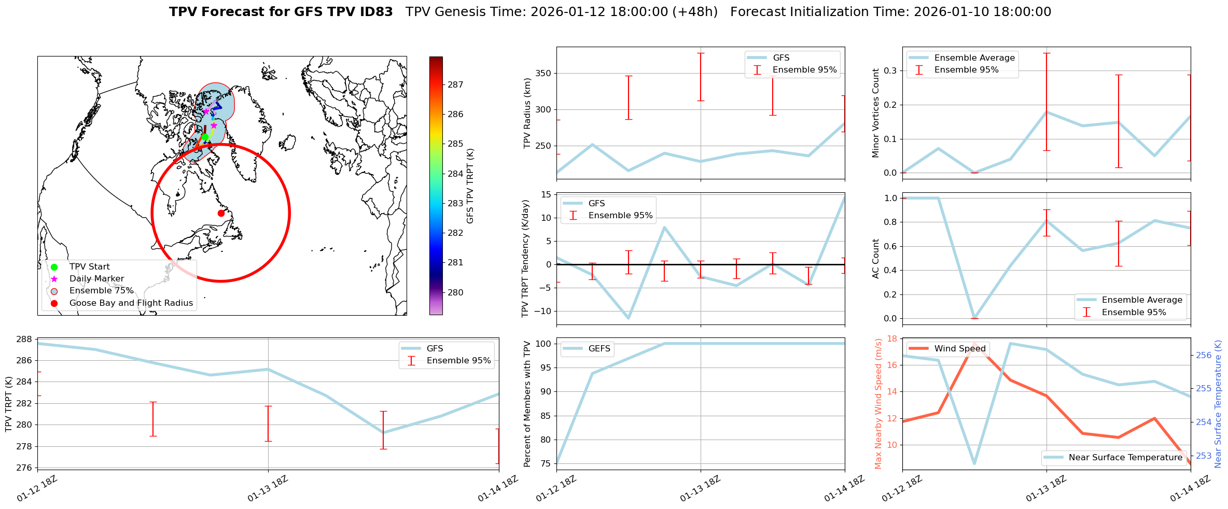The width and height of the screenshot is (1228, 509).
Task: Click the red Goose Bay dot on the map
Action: (221, 213)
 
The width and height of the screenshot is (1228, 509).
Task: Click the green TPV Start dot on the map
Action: (205, 137)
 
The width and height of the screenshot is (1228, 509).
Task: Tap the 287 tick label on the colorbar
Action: (455, 84)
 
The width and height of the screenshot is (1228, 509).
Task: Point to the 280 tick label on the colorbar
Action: (455, 292)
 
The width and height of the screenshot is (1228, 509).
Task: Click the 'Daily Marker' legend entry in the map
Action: (96, 279)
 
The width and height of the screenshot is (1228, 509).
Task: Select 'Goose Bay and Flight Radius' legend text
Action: (131, 303)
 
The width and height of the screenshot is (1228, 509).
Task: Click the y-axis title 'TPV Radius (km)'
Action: (527, 113)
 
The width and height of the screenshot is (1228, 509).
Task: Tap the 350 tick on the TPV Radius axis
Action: (543, 74)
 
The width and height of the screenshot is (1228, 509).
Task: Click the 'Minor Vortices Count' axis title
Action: (876, 113)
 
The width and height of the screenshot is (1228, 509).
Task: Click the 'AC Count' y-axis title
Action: (876, 259)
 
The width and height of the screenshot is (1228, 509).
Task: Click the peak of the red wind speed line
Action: (975, 344)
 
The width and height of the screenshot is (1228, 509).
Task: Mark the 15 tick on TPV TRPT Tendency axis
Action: (546, 194)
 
